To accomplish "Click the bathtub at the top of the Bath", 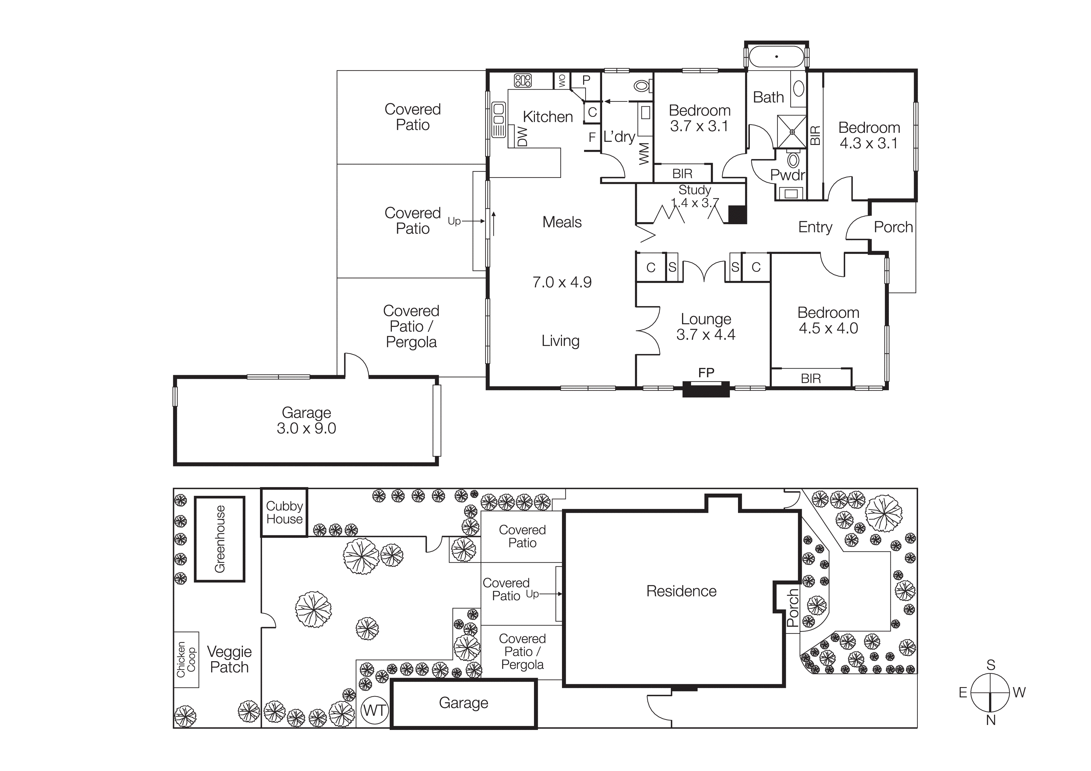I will (x=777, y=57).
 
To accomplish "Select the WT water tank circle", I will (x=374, y=711).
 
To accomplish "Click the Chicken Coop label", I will (x=186, y=659).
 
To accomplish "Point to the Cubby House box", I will (x=284, y=513).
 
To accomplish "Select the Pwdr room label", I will (x=787, y=175).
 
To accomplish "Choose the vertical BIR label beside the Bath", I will (x=815, y=135).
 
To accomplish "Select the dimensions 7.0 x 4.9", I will (x=562, y=282).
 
